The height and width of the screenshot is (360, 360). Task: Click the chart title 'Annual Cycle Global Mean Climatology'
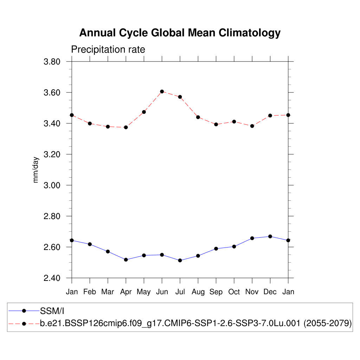(180, 33)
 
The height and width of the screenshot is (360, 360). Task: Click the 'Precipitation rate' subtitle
(108, 50)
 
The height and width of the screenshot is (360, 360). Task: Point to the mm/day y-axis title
(36, 170)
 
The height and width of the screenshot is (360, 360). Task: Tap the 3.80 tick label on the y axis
(52, 62)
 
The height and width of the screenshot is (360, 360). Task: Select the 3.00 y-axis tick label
(52, 185)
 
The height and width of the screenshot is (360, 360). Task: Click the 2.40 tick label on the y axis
(52, 278)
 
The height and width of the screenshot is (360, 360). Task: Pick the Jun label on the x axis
(162, 292)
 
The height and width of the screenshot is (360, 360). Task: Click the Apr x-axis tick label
(126, 292)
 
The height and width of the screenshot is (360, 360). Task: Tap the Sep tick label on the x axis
(216, 292)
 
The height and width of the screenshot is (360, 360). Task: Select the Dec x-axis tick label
(270, 292)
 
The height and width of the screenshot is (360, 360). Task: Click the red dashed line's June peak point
(162, 91)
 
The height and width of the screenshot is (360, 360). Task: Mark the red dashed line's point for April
(126, 127)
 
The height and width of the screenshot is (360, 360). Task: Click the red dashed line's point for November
(252, 126)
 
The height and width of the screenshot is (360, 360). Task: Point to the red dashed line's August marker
(198, 117)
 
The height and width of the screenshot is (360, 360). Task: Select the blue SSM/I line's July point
(180, 261)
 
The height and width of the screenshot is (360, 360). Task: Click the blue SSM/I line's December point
(270, 236)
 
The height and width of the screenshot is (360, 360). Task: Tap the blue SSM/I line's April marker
(126, 259)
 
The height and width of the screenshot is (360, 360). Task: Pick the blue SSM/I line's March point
(108, 251)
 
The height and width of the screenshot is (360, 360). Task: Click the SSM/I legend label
(52, 310)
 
